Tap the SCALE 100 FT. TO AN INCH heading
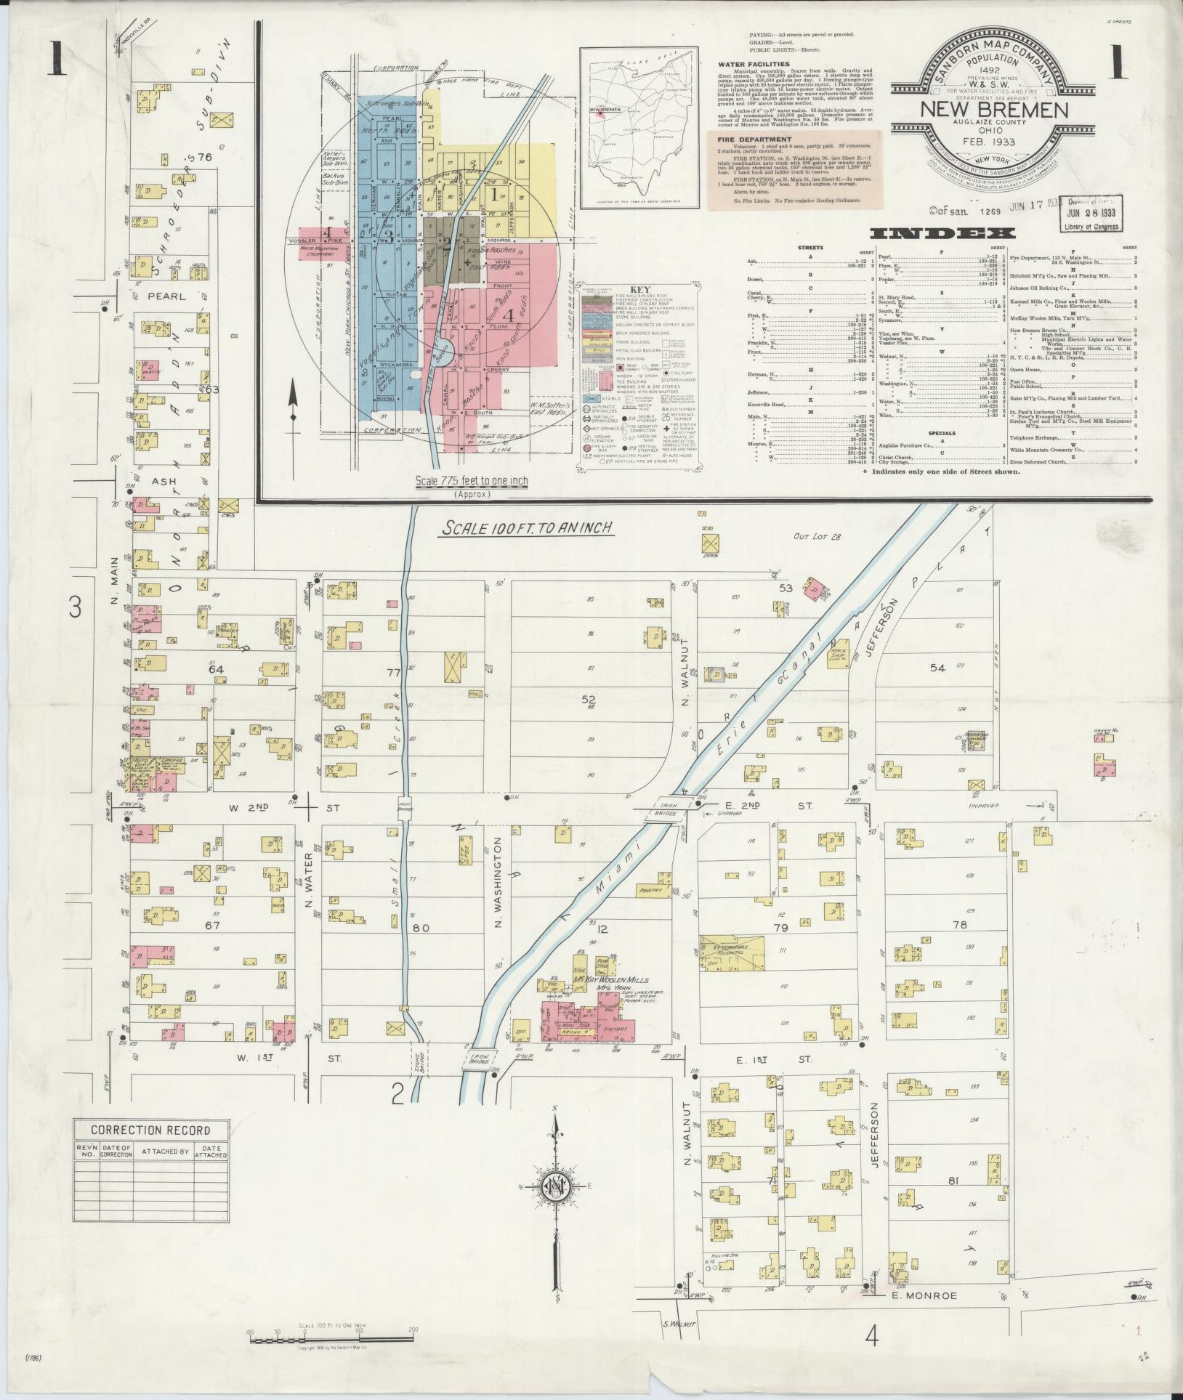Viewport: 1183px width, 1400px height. tap(527, 528)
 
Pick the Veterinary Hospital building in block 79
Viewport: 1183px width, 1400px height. tap(732, 951)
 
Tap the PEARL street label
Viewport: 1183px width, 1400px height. tap(168, 296)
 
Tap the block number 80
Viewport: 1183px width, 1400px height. tap(421, 928)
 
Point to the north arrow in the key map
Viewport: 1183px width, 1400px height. tap(294, 407)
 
